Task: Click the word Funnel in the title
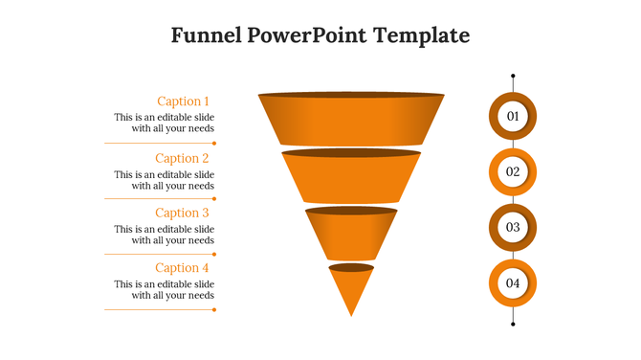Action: click(202, 35)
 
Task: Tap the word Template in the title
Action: click(422, 35)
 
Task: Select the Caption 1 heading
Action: click(182, 101)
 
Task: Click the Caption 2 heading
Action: click(182, 158)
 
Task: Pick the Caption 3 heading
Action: click(182, 213)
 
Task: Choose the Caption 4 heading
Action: click(182, 268)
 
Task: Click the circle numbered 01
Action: click(513, 116)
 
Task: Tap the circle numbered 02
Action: click(513, 171)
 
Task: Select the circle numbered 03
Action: click(513, 227)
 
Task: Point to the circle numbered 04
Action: click(513, 283)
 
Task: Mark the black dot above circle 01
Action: click(513, 76)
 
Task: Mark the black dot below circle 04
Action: click(513, 324)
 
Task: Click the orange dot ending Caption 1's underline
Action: click(214, 143)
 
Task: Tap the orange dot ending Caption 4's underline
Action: click(214, 309)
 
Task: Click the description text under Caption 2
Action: click(165, 181)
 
